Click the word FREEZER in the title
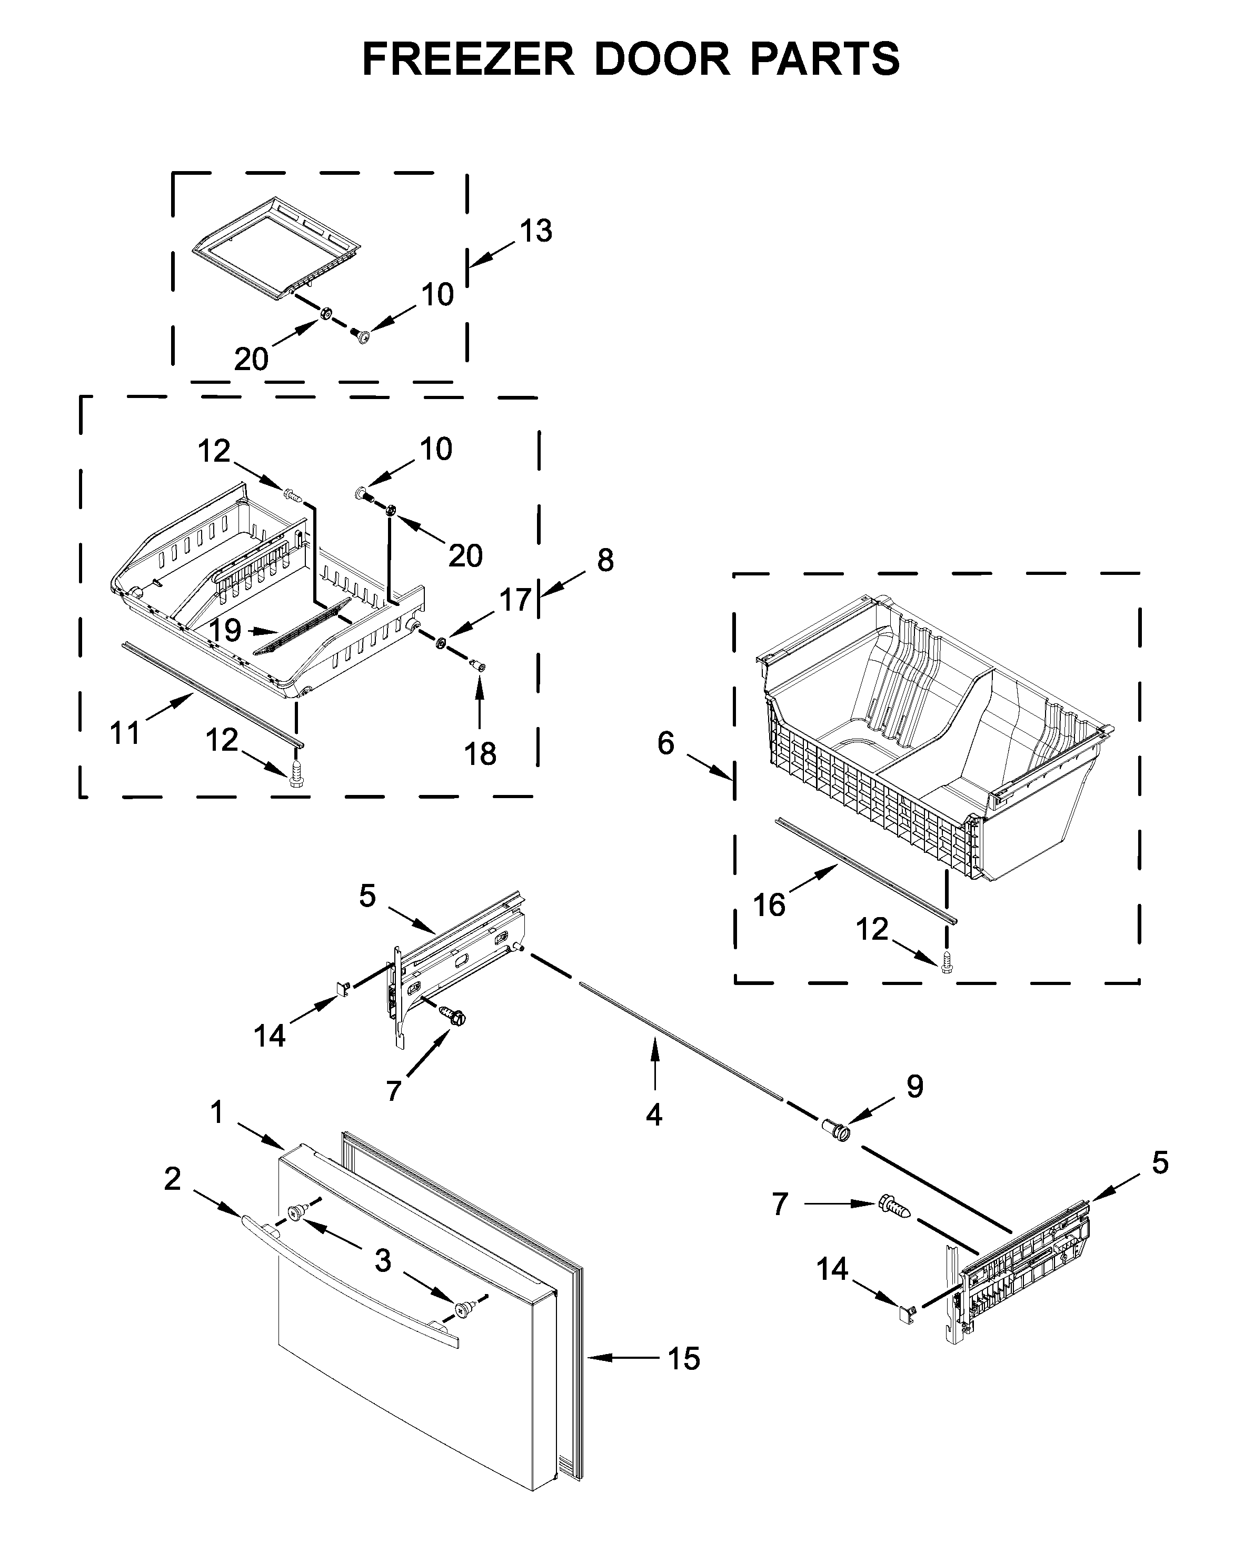[467, 59]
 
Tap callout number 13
[536, 231]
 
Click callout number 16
[769, 905]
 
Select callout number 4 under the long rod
[654, 1115]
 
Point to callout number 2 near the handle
[172, 1179]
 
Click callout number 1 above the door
[217, 1113]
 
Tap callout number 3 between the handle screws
[383, 1261]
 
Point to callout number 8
[605, 561]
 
